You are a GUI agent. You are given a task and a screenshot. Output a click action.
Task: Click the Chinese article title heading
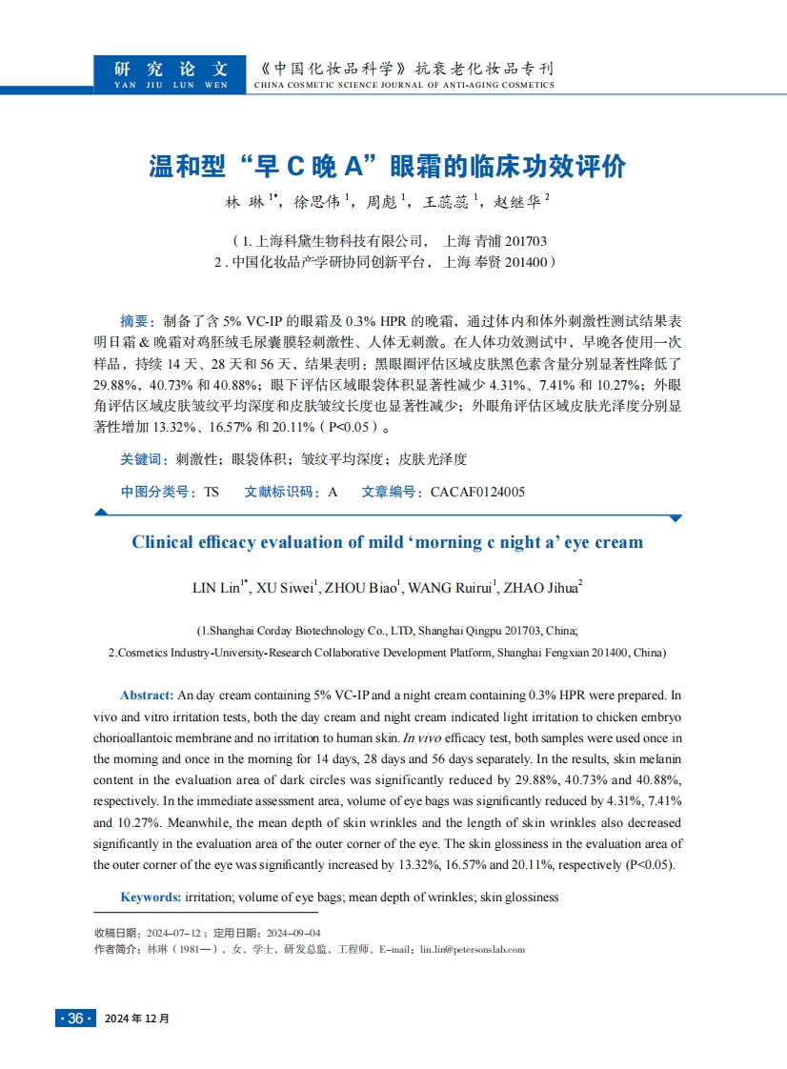click(x=388, y=166)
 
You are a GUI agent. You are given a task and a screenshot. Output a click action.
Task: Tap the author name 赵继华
click(x=518, y=202)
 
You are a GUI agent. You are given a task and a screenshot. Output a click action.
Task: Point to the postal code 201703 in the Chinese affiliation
click(x=525, y=240)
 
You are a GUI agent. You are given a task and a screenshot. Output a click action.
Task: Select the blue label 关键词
click(x=144, y=459)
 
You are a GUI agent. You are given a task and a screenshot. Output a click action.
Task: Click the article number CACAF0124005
click(x=477, y=492)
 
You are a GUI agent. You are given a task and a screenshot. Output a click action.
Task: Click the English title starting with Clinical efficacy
click(x=387, y=542)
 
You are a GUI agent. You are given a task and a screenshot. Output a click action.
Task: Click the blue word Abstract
click(x=147, y=696)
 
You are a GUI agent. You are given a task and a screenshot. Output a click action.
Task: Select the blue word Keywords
click(x=151, y=897)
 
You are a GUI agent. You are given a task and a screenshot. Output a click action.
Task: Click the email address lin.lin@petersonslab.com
click(x=472, y=949)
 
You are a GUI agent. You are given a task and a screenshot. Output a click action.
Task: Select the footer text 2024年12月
click(x=137, y=1019)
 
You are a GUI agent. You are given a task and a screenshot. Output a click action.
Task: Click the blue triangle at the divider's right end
click(x=676, y=518)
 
